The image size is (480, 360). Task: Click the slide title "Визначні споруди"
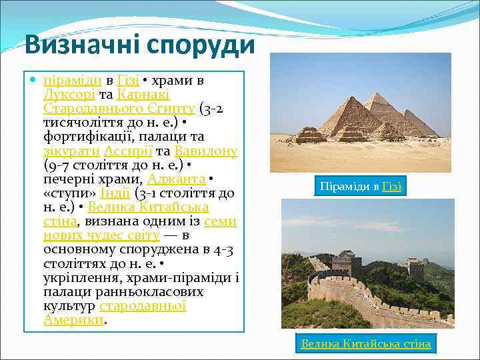[139, 45]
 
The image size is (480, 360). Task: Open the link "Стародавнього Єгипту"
[119, 109]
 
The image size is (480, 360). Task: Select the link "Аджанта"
[176, 179]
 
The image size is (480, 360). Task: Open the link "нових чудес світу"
[101, 235]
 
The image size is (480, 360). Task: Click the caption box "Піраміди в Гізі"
[360, 186]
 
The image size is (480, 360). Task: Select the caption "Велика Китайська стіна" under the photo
[365, 344]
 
